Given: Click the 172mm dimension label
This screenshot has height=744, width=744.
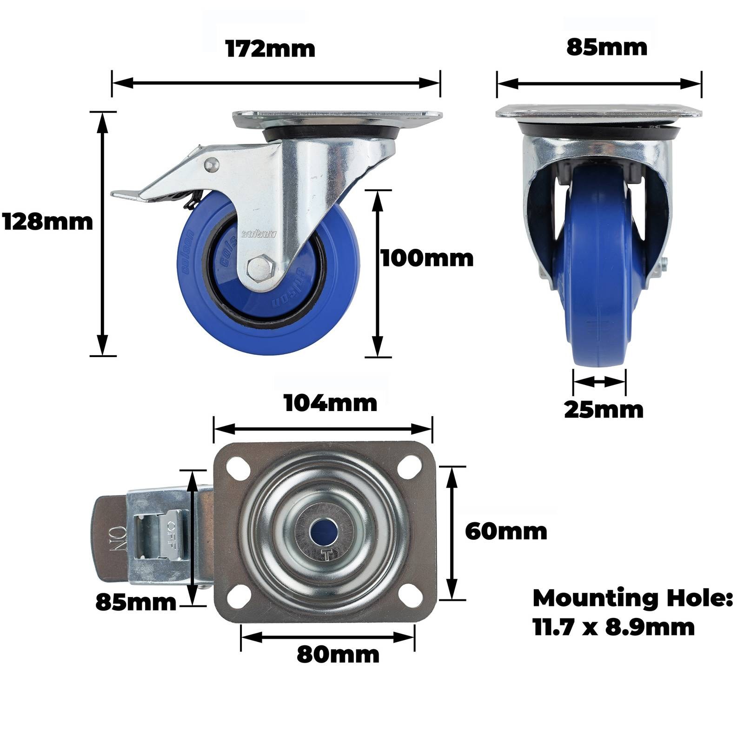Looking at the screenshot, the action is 270,48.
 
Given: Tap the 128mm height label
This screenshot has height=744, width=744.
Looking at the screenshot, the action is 47,222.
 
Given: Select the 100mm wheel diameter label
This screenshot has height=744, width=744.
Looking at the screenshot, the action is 427,258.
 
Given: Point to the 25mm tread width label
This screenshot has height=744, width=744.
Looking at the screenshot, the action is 604,410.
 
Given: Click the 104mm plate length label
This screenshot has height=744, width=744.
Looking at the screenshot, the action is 331,403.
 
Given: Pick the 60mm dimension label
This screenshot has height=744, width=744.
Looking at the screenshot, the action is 506,531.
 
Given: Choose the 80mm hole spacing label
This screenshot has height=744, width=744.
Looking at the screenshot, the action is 338,655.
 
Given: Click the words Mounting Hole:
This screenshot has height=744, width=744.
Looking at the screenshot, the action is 632,598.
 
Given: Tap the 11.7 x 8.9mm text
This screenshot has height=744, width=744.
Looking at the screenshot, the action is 614,627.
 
